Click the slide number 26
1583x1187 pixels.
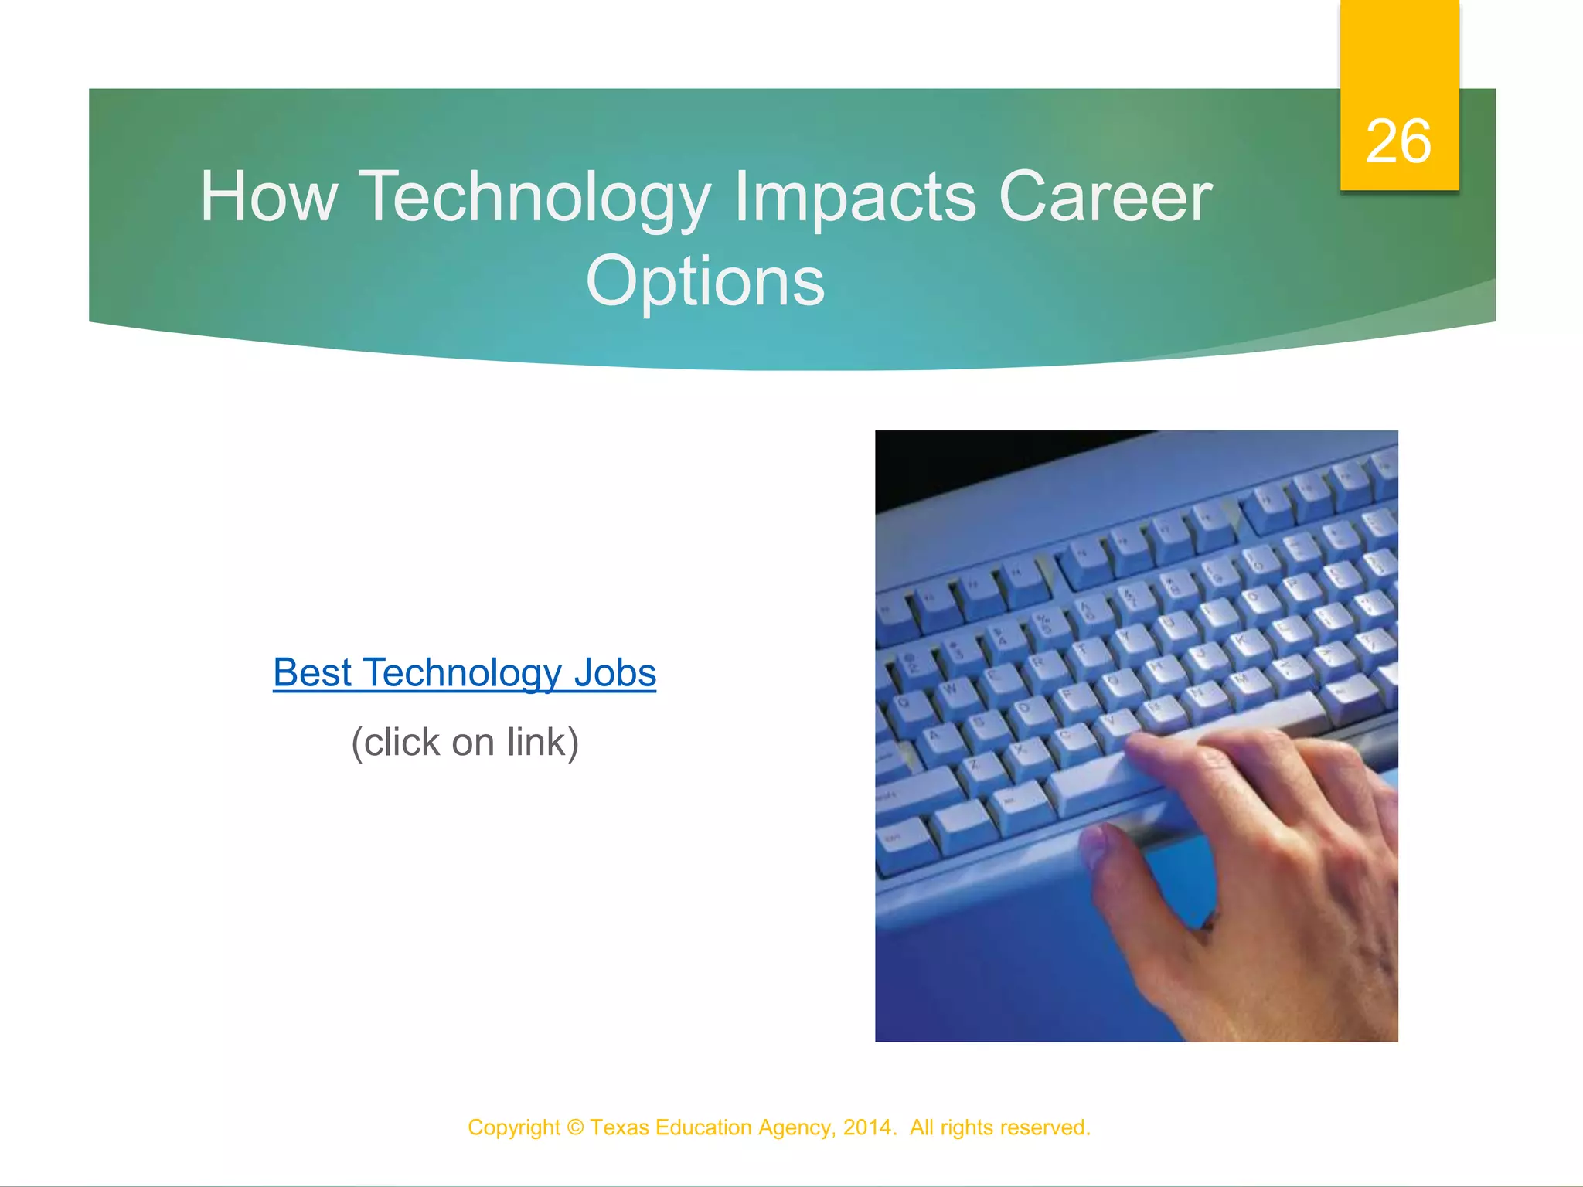(x=1397, y=141)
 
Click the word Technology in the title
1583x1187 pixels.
(x=534, y=198)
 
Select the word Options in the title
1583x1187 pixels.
(x=705, y=281)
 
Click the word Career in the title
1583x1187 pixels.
(x=1105, y=198)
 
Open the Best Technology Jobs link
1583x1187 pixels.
(x=465, y=672)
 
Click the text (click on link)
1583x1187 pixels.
(x=465, y=742)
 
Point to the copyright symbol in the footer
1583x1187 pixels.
(x=575, y=1127)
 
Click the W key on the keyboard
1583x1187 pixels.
(x=949, y=688)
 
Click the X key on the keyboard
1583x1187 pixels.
(x=1021, y=748)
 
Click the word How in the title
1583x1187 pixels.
(x=268, y=198)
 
